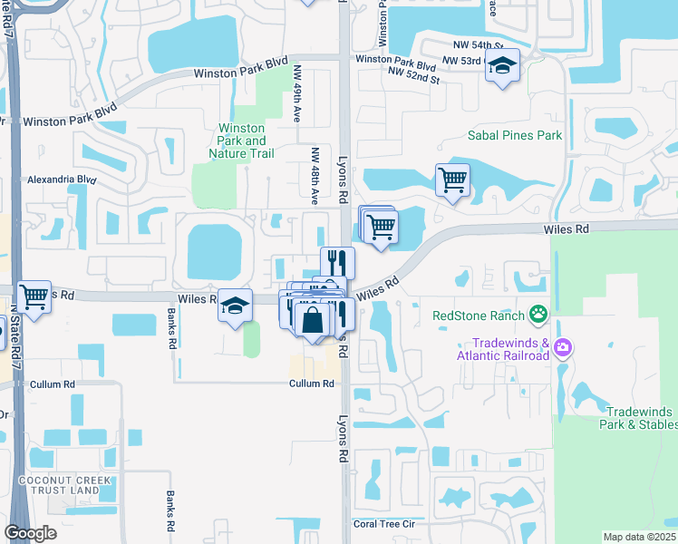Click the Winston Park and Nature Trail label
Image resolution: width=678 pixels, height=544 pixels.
tap(241, 141)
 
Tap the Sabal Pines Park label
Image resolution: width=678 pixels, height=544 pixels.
tap(515, 135)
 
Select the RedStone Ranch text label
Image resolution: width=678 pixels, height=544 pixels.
tap(479, 315)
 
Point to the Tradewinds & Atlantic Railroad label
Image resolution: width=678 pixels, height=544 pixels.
tap(511, 349)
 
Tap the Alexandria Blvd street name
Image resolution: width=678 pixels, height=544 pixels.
tap(62, 180)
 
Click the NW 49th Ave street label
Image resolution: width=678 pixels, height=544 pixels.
tap(297, 92)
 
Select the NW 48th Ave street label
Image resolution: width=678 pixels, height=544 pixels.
tap(315, 175)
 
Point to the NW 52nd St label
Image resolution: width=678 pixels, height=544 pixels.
tap(413, 76)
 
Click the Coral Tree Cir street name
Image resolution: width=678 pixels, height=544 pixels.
tap(383, 524)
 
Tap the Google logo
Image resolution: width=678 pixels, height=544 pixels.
tap(30, 533)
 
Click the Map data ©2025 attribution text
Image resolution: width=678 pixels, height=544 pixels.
tap(640, 537)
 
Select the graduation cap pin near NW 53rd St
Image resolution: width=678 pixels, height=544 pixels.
tap(502, 66)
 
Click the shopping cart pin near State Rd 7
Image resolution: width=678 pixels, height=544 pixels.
tap(34, 296)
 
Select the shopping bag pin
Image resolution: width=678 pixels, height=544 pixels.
tap(313, 320)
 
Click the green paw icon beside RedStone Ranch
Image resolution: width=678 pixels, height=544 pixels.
tap(539, 315)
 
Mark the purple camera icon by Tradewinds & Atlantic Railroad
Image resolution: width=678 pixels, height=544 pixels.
tap(563, 348)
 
